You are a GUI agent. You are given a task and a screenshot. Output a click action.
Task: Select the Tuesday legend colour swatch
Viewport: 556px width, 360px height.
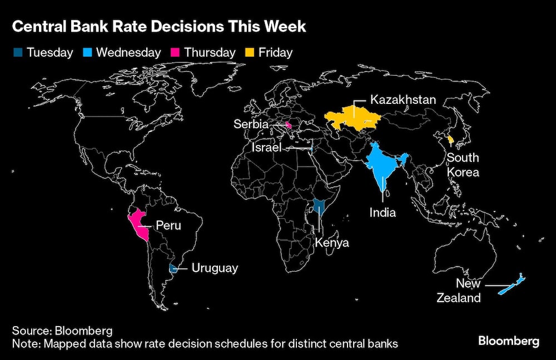tap(17, 53)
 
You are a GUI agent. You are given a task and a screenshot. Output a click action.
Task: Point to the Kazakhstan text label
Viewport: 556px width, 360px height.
tap(403, 101)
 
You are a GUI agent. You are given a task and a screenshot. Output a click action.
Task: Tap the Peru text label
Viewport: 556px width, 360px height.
tap(168, 226)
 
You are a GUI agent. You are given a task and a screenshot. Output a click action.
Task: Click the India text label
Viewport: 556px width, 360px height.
tap(383, 212)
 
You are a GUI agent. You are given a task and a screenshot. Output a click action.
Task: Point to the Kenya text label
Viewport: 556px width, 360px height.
tap(331, 243)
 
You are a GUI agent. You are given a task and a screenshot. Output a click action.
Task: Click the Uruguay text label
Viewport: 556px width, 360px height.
tap(215, 268)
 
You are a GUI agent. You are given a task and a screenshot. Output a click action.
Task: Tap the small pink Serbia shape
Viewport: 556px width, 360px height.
tap(288, 125)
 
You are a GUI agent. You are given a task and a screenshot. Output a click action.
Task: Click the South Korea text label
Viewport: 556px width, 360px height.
tap(463, 165)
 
